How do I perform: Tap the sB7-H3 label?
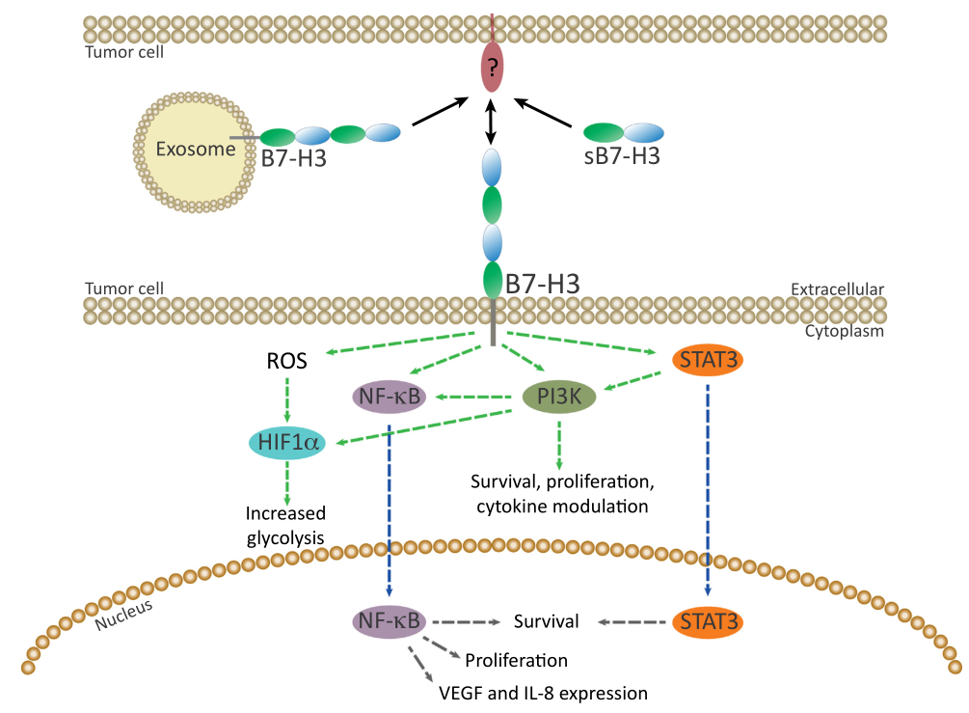coord(622,157)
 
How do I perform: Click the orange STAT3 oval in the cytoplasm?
coord(707,361)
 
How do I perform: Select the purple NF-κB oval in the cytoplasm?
coord(390,396)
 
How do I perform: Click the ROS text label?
coord(287,363)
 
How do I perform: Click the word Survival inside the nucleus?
coord(547,621)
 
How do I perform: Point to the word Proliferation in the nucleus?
coord(516,661)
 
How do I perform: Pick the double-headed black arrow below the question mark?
coord(492,121)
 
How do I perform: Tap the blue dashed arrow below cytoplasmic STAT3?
coord(707,482)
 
